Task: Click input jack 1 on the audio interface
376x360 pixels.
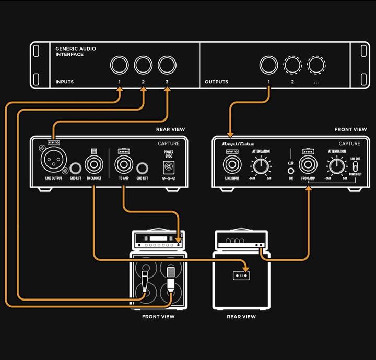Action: pos(119,65)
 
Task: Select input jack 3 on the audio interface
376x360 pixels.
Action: pos(167,65)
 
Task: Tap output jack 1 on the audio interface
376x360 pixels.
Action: pos(268,65)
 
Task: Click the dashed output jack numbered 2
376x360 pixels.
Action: pos(292,65)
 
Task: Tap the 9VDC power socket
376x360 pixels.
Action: pos(169,167)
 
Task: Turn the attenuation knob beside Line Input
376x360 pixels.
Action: pos(260,166)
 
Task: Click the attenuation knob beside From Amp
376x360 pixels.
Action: pos(337,166)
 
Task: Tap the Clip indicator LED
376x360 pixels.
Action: pos(290,168)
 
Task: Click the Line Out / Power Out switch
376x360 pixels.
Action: pos(355,165)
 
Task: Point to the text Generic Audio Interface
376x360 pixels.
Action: pos(76,52)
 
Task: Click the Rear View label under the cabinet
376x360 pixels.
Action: pos(241,317)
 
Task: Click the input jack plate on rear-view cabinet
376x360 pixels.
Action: pos(241,275)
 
